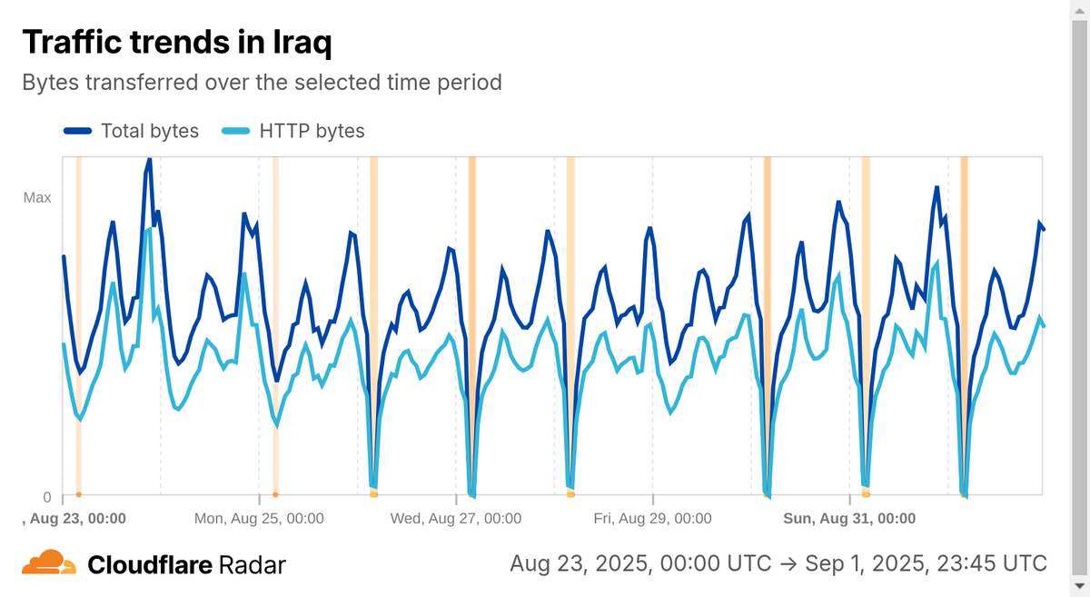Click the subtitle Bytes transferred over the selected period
[262, 82]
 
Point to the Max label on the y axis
[37, 197]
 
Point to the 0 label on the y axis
[47, 496]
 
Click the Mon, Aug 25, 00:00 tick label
[259, 519]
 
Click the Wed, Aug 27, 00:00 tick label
[455, 519]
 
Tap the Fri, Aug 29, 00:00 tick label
[652, 519]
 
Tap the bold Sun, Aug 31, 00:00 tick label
[849, 519]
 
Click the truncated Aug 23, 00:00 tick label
[74, 519]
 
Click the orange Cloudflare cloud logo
[49, 562]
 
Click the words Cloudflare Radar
[186, 565]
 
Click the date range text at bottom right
[778, 563]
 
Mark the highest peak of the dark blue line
[149, 158]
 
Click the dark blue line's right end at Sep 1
[1044, 229]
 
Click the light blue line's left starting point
[63, 344]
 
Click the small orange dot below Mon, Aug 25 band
[275, 494]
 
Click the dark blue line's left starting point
[63, 256]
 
